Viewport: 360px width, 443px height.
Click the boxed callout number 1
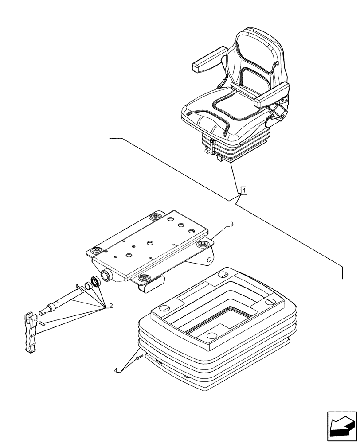(243, 191)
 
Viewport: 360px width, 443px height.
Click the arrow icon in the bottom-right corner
(342, 426)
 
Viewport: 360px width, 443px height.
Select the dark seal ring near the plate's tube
(95, 281)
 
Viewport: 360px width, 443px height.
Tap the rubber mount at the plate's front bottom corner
(144, 278)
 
